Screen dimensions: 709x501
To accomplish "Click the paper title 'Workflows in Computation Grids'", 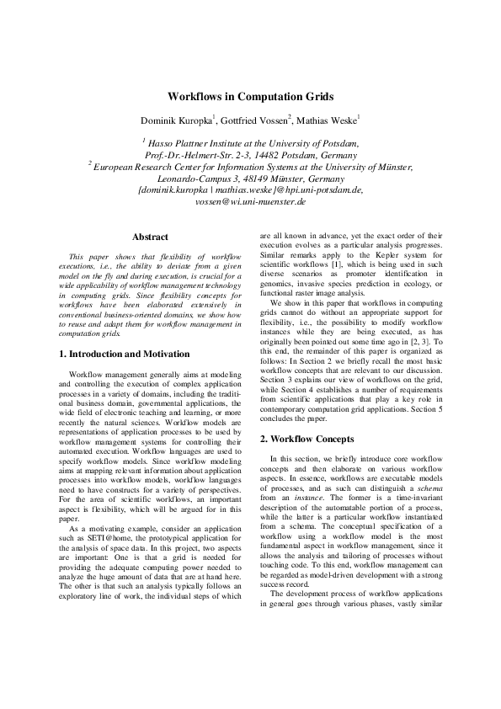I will (251, 97).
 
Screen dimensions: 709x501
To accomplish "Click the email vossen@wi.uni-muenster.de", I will (251, 203).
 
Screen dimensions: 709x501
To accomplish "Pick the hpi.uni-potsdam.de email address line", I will (251, 191).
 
